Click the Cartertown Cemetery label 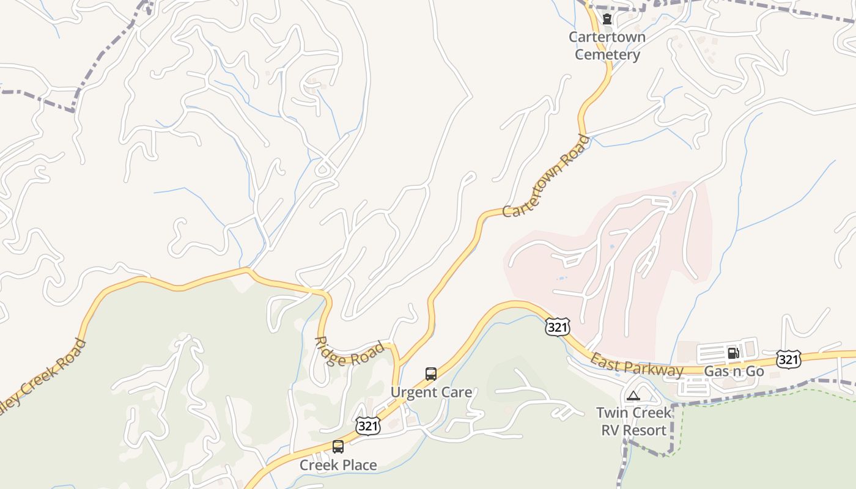607,46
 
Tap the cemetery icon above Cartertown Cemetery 607,20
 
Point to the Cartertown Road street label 547,176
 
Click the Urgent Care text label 431,392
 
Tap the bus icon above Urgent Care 431,373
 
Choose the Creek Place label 338,465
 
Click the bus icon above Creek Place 338,446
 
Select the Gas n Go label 734,371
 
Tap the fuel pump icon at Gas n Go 733,353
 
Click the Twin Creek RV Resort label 633,421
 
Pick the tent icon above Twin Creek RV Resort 633,395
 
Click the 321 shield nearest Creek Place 367,425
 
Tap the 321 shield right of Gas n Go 788,359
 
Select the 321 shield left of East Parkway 558,327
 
